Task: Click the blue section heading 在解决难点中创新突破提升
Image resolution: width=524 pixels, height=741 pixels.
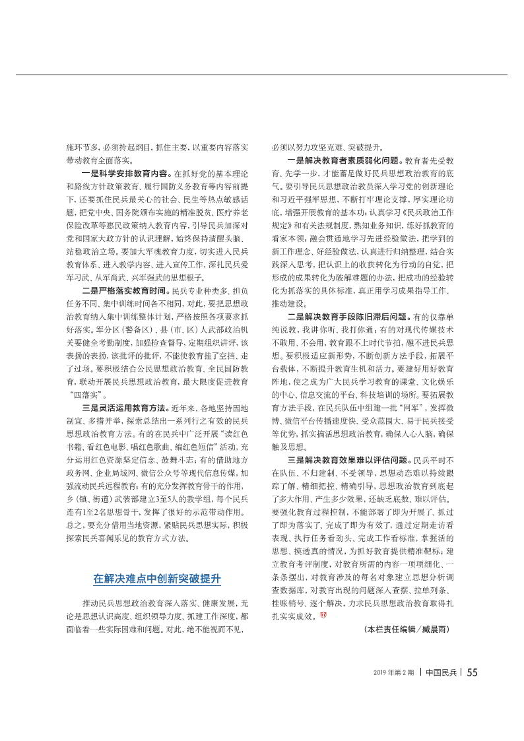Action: coord(156,579)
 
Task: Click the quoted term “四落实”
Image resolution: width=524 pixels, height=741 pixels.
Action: coord(85,394)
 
